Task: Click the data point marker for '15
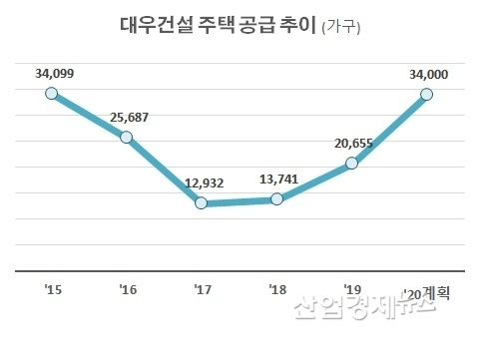52,94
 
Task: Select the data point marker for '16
127,137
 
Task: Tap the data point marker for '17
202,203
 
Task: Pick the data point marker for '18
277,199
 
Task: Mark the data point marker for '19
352,164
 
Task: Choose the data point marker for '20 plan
427,94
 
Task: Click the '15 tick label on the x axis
53,290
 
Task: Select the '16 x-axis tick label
127,290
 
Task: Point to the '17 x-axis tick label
202,290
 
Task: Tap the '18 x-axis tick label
277,290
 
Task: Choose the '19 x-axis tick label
352,290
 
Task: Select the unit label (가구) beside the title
341,28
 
